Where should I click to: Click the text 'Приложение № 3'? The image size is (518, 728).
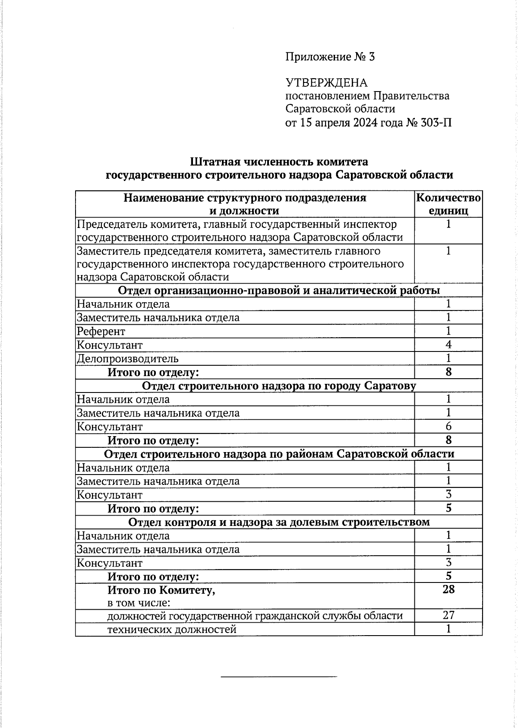pyautogui.click(x=330, y=57)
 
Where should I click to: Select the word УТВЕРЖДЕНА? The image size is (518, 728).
pyautogui.click(x=326, y=83)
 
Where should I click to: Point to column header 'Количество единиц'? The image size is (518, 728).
pyautogui.click(x=448, y=204)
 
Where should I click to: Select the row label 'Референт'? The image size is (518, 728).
pyautogui.click(x=101, y=332)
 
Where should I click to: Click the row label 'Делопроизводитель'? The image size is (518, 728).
pyautogui.click(x=128, y=359)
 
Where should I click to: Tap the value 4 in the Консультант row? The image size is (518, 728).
pyautogui.click(x=449, y=345)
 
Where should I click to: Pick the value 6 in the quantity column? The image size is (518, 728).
pyautogui.click(x=449, y=427)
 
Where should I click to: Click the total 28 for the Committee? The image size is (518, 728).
pyautogui.click(x=449, y=589)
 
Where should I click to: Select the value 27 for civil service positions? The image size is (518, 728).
pyautogui.click(x=449, y=615)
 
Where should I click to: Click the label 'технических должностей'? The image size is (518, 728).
pyautogui.click(x=172, y=629)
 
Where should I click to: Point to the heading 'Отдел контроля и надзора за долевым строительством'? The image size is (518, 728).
pyautogui.click(x=279, y=522)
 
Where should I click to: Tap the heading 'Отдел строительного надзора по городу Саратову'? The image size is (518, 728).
pyautogui.click(x=279, y=386)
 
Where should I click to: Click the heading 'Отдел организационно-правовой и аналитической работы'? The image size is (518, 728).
pyautogui.click(x=279, y=291)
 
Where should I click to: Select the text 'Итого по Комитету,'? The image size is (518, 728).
pyautogui.click(x=161, y=590)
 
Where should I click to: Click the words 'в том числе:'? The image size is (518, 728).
pyautogui.click(x=139, y=603)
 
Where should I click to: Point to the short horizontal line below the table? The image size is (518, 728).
pyautogui.click(x=278, y=676)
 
